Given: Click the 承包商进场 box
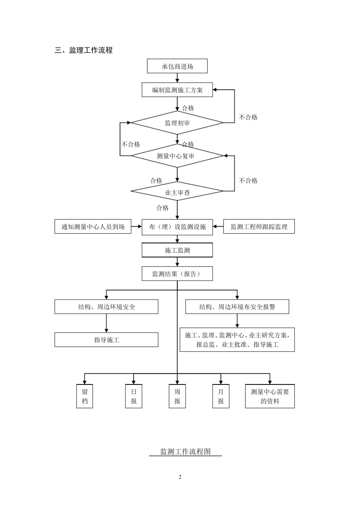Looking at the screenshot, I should [177, 66].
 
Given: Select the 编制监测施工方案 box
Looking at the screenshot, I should [177, 90].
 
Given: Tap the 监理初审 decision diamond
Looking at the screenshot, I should [177, 123].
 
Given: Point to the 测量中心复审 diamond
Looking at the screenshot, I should [177, 156].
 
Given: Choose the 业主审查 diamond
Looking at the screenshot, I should [177, 192].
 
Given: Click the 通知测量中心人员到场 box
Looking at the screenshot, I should [93, 227].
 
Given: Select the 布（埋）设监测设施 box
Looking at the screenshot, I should [177, 227].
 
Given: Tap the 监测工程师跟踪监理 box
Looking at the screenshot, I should [259, 227].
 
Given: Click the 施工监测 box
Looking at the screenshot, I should [177, 250].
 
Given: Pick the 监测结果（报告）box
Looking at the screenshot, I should [177, 274].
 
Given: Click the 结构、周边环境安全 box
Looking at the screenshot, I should [106, 307].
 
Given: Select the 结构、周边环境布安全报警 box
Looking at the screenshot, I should [237, 307].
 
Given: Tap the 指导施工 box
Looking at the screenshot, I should [106, 340].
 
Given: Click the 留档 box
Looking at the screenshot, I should [85, 397].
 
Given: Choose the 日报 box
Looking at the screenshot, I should [134, 397].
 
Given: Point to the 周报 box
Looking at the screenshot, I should [177, 397].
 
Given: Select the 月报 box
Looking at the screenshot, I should [221, 397].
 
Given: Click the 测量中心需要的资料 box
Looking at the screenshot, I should [270, 397].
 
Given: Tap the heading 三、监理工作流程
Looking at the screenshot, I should [84, 50].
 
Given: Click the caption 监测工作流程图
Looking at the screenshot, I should [185, 451].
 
